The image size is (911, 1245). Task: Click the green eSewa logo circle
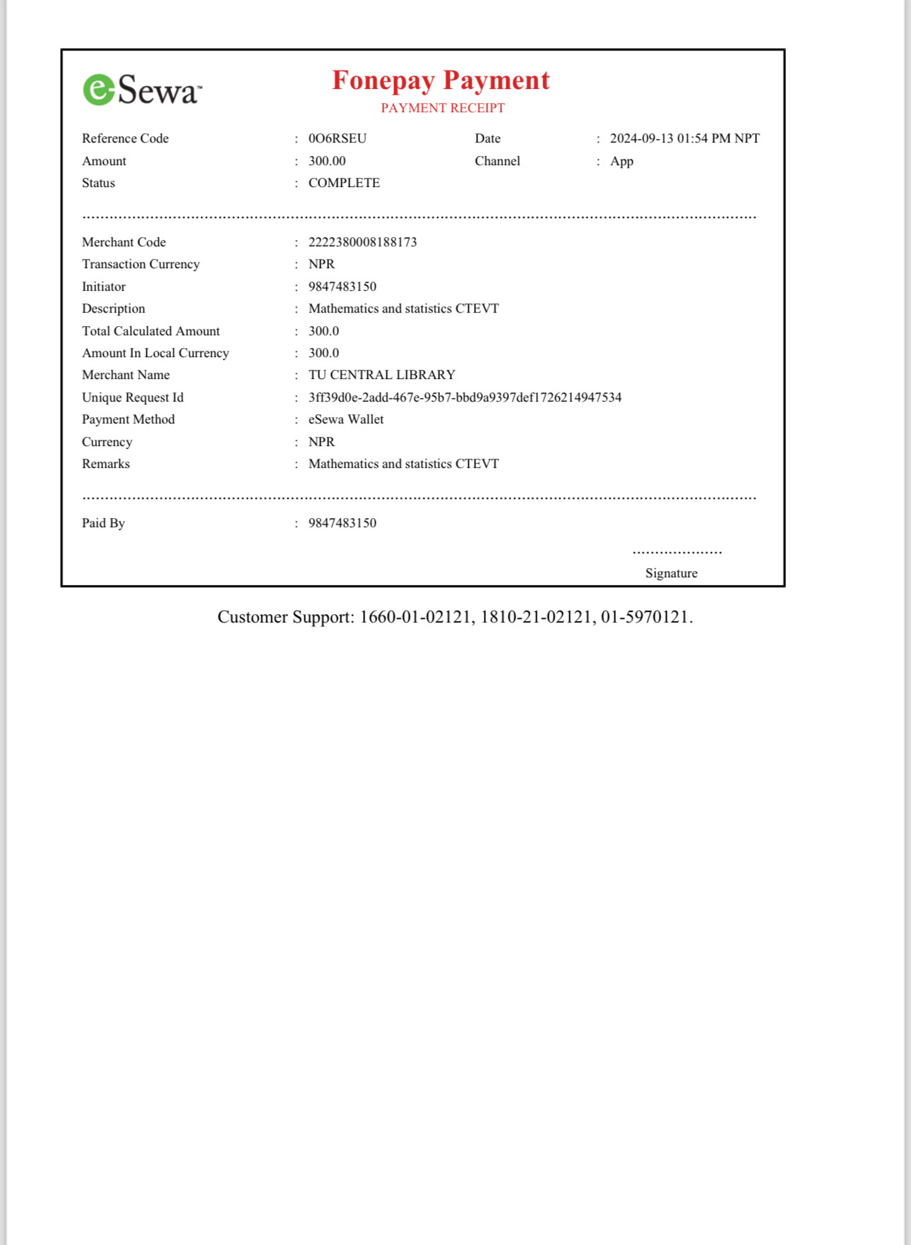(x=99, y=90)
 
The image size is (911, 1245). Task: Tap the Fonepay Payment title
(x=441, y=80)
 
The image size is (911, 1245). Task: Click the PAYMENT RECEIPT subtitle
(x=443, y=108)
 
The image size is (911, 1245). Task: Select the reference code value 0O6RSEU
(x=338, y=138)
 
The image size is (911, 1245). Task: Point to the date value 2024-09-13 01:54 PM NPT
(x=684, y=138)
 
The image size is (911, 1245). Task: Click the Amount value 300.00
(x=327, y=161)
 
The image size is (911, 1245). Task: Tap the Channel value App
(x=621, y=161)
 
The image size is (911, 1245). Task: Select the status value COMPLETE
(x=344, y=183)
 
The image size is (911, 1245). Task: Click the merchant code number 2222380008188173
(x=362, y=242)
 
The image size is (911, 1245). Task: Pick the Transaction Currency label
(x=141, y=264)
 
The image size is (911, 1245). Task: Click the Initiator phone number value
(x=343, y=287)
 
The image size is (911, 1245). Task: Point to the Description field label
(x=113, y=308)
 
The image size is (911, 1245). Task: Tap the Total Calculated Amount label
(x=150, y=331)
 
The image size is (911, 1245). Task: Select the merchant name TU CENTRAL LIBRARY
(x=381, y=375)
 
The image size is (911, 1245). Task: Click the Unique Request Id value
(x=465, y=397)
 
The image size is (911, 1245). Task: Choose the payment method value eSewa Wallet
(x=346, y=419)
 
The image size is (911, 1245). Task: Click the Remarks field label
(x=106, y=464)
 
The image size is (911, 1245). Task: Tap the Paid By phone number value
(x=343, y=523)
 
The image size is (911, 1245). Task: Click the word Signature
(x=671, y=573)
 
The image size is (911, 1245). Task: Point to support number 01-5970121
(x=644, y=617)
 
